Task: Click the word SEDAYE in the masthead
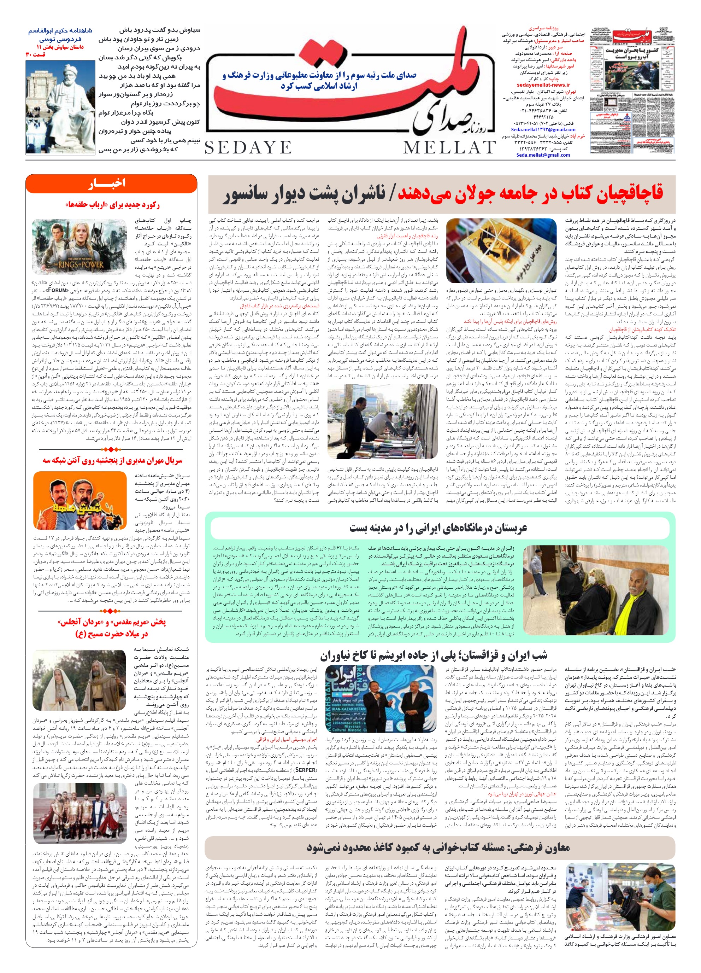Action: pyautogui.click(x=248, y=147)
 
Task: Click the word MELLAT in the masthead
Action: pyautogui.click(x=449, y=147)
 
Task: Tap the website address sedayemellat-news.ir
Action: pyautogui.click(x=543, y=85)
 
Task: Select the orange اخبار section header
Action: pyautogui.click(x=111, y=183)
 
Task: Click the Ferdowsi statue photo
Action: pyautogui.click(x=60, y=103)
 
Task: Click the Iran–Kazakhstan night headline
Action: pyautogui.click(x=433, y=655)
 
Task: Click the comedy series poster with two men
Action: pyautogui.click(x=80, y=500)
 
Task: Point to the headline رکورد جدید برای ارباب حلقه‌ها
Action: pyautogui.click(x=112, y=205)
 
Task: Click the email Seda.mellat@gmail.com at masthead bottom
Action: pyautogui.click(x=543, y=155)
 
